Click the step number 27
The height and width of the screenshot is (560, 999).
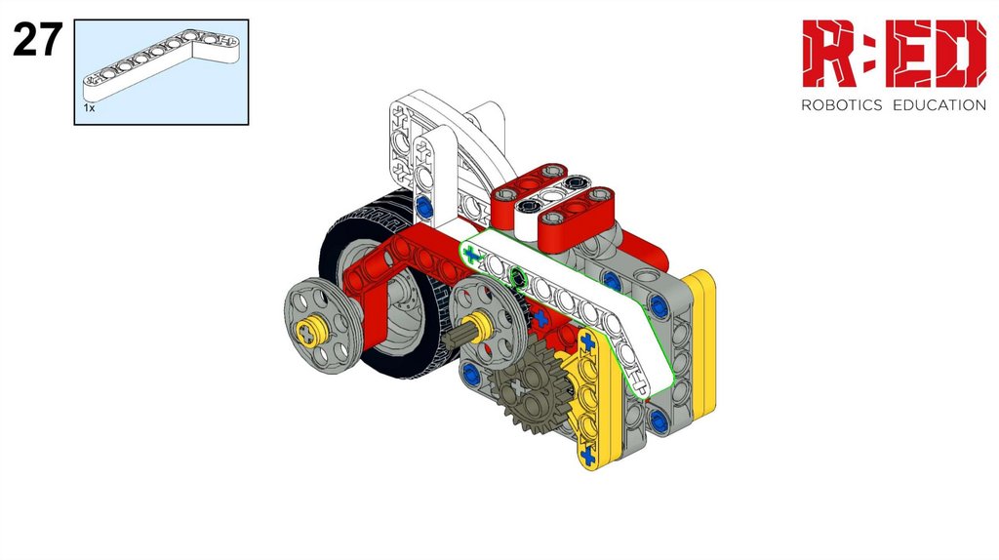[38, 39]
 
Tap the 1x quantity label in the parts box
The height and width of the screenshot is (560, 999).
[89, 108]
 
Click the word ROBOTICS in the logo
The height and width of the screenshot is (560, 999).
[841, 105]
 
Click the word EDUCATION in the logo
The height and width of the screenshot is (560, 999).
[939, 105]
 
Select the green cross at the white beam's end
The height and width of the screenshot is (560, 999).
[471, 257]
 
